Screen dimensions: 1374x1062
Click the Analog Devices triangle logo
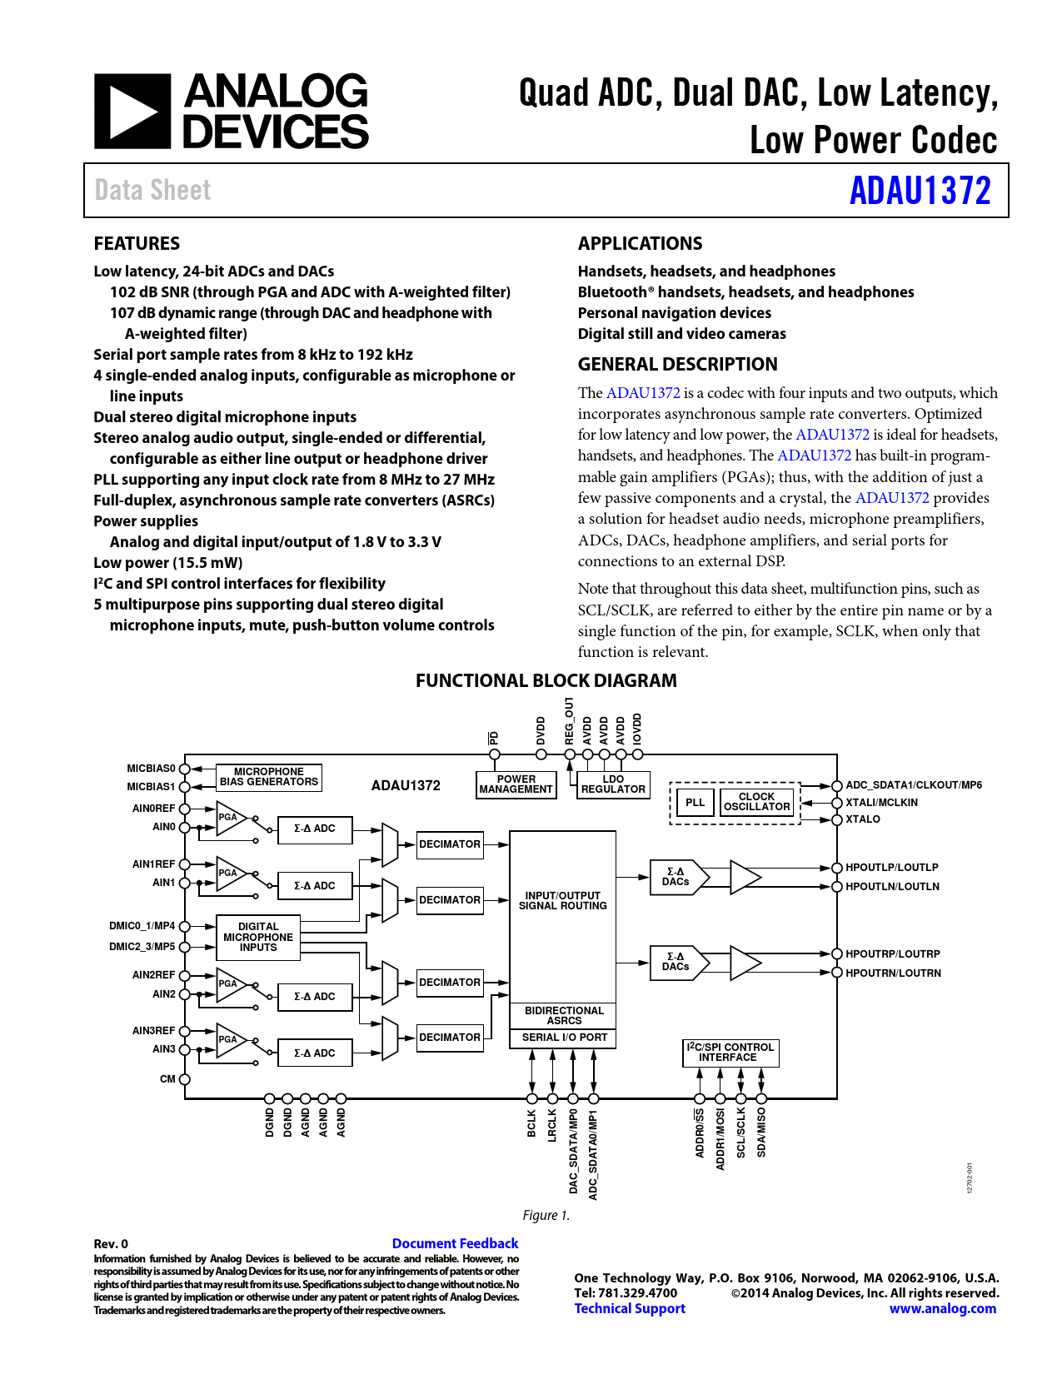[132, 112]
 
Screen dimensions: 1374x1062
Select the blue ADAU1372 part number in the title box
[920, 191]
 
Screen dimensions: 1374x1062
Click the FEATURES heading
[137, 243]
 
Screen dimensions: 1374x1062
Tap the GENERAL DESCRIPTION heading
[677, 364]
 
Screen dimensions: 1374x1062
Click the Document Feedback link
[455, 1243]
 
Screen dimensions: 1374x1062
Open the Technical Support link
[630, 1308]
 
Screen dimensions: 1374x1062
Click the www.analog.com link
[942, 1308]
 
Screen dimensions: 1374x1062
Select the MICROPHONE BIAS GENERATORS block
[268, 777]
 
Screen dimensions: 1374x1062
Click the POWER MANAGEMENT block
[516, 784]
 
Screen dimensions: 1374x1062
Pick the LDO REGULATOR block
[613, 784]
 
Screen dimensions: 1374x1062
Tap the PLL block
[695, 803]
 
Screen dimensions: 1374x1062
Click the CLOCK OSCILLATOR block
[756, 802]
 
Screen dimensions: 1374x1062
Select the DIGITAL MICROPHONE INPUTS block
[258, 937]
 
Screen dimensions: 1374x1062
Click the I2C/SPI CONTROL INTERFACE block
[730, 1053]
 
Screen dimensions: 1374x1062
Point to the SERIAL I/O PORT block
[564, 1038]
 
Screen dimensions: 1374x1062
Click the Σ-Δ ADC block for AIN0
[314, 829]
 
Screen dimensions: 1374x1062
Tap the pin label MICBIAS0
[151, 769]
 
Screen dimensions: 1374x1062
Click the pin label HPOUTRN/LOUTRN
[893, 973]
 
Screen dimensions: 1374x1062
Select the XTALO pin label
[862, 819]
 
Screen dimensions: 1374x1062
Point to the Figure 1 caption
[546, 1216]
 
